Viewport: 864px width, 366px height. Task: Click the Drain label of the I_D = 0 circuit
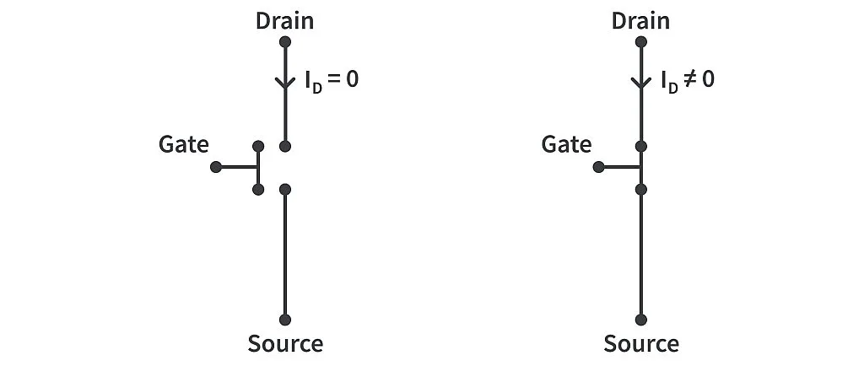point(284,20)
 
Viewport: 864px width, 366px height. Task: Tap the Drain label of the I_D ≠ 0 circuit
point(640,20)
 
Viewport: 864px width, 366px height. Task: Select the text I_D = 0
point(332,82)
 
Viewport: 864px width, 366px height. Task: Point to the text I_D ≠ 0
point(688,82)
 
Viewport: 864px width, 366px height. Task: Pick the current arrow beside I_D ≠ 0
point(641,82)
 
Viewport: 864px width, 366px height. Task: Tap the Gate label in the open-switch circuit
point(183,144)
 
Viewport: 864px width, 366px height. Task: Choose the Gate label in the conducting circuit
point(566,144)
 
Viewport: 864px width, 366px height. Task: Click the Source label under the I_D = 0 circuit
point(285,344)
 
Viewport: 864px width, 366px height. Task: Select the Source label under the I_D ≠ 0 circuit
point(641,344)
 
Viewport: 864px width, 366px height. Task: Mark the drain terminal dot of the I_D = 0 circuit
point(285,41)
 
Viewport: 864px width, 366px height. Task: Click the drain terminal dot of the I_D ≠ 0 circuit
point(641,41)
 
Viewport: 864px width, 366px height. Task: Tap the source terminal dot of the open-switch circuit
point(285,320)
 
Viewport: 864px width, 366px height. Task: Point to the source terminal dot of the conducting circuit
point(641,320)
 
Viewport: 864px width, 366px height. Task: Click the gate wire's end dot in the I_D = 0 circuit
point(215,167)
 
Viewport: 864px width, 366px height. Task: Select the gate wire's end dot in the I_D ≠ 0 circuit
point(598,167)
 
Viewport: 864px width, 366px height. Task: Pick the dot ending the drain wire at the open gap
point(285,146)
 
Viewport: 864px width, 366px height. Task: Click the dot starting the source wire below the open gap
point(285,189)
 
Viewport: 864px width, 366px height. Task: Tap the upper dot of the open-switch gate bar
point(258,146)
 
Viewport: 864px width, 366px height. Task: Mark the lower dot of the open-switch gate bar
point(258,189)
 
